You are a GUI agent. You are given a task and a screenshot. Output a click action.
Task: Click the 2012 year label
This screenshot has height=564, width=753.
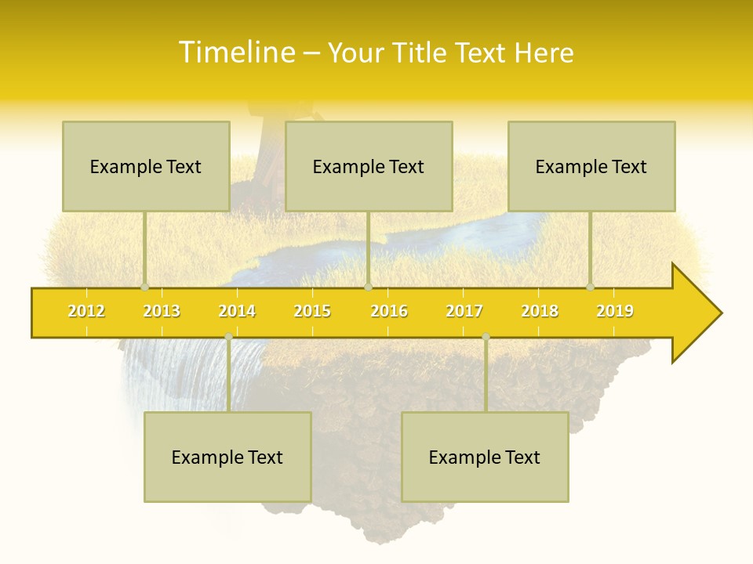point(86,311)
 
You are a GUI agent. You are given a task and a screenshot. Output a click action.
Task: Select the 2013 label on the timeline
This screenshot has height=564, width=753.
point(162,311)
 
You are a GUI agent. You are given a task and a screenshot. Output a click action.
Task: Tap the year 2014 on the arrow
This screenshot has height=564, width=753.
point(237,311)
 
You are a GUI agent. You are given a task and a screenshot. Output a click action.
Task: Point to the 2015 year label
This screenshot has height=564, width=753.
point(312,311)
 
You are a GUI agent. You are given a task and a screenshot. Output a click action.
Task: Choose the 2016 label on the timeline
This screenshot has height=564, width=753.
point(389,311)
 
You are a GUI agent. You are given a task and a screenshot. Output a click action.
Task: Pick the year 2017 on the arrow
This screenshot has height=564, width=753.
point(464,311)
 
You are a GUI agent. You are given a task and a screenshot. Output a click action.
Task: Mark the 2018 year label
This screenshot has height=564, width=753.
point(540,311)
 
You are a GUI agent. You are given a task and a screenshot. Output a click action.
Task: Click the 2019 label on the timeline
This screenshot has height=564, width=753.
point(615,311)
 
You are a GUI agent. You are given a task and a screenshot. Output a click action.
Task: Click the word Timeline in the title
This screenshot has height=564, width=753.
point(235,52)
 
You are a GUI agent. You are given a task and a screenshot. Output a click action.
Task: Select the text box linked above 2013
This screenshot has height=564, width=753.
point(146,166)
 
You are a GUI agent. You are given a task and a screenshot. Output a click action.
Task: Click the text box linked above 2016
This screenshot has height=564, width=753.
point(369,166)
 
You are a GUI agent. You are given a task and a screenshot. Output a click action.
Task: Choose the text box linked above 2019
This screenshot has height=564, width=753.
point(591,166)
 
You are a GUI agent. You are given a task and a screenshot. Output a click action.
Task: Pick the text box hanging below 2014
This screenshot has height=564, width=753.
point(227,457)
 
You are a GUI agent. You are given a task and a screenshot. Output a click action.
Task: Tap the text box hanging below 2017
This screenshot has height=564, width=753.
point(485,457)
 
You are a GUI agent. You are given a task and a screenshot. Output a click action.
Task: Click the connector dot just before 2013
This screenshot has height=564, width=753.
point(145,287)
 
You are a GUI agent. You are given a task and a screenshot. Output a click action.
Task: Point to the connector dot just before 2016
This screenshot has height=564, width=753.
point(368,287)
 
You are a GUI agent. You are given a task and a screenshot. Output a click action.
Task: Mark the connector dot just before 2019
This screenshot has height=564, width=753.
point(591,287)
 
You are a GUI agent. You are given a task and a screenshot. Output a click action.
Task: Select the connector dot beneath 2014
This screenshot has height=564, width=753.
point(228,337)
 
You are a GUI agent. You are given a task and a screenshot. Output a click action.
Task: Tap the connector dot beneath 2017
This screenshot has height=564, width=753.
point(486,337)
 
